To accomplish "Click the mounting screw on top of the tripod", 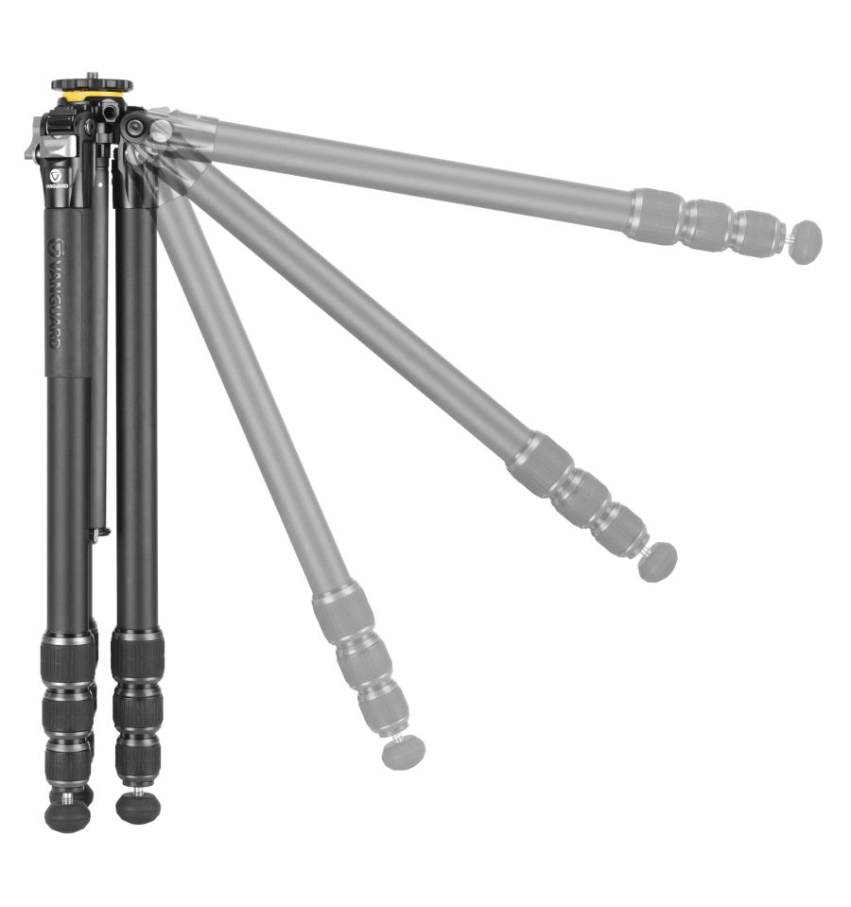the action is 92,76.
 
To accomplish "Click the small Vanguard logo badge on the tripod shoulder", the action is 56,175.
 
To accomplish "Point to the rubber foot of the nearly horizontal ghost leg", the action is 808,242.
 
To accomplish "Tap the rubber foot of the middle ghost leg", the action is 658,562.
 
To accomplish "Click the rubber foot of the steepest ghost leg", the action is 404,752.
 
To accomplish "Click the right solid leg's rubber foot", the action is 138,808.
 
